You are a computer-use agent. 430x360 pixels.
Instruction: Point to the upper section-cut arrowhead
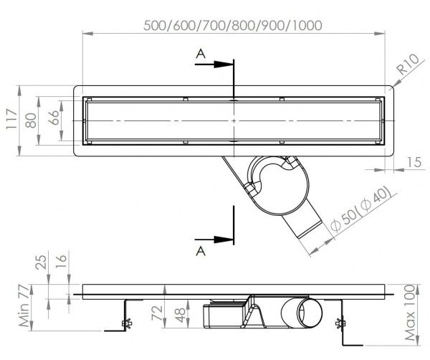point(228,64)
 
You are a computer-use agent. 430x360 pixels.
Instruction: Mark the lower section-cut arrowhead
point(228,240)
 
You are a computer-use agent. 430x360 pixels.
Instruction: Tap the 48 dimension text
point(180,314)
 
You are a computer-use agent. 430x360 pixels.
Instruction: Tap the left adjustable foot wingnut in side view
point(126,321)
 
